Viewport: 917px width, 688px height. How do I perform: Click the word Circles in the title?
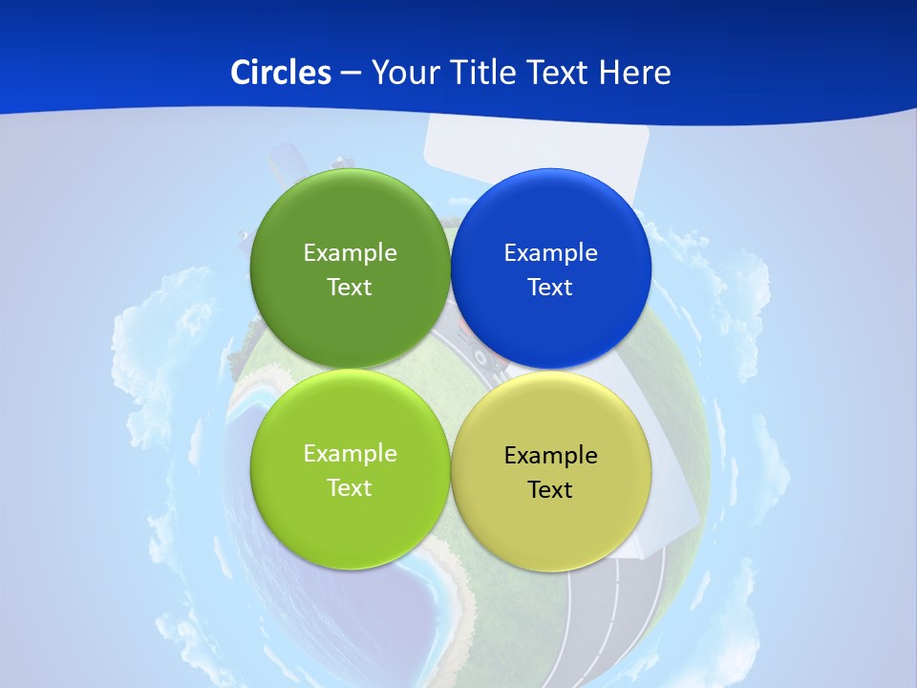point(281,73)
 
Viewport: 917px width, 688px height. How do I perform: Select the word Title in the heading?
point(487,73)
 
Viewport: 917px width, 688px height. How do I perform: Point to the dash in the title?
point(351,74)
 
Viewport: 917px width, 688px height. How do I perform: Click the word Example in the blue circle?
point(550,253)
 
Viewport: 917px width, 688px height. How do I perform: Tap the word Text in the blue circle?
point(550,288)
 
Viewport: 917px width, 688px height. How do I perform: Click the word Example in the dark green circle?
point(350,253)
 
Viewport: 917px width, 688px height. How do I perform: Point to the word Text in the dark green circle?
point(350,288)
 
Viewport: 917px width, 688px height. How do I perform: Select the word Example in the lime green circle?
point(350,454)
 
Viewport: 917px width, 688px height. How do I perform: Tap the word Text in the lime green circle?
point(350,488)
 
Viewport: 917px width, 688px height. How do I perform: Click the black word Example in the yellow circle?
point(550,456)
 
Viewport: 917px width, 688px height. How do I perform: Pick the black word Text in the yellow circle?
point(550,490)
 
